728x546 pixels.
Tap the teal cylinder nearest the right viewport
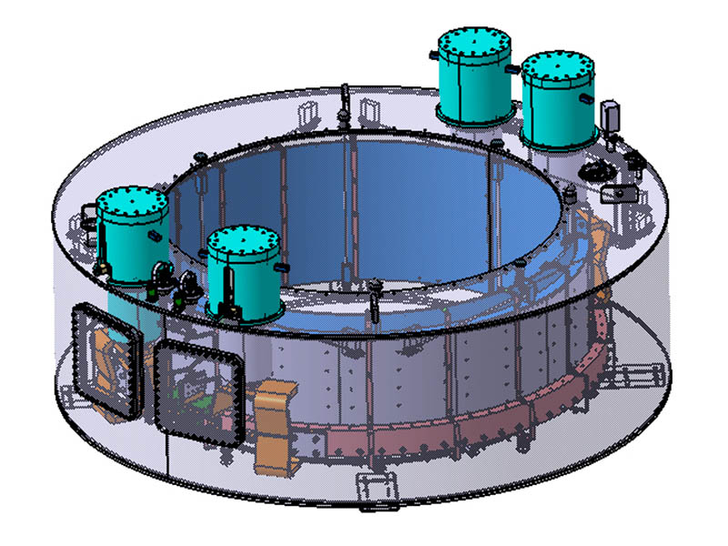241,282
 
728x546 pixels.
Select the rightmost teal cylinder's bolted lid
558,68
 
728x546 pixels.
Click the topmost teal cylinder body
473,86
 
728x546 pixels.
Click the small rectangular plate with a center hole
622,192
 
